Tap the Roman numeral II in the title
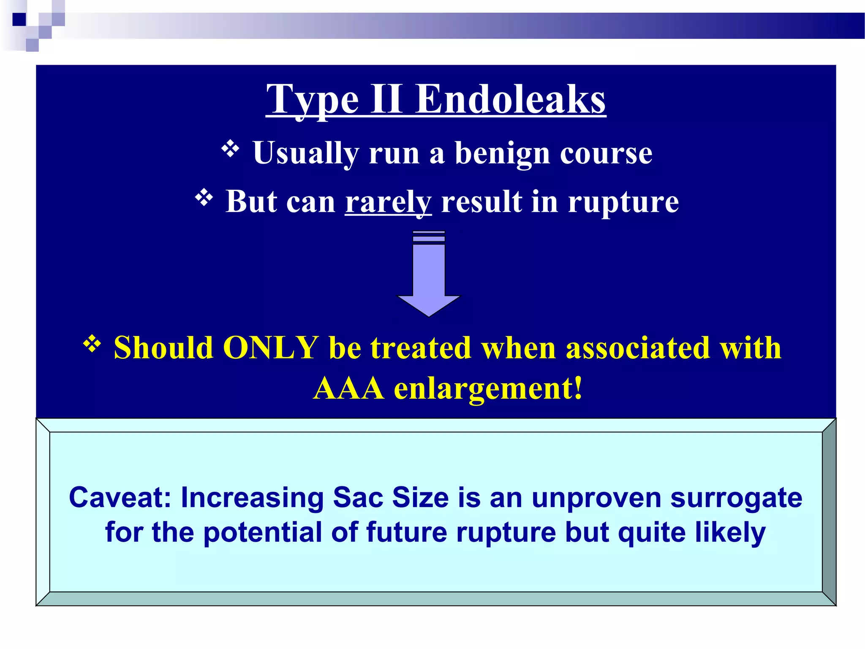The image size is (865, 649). click(x=386, y=99)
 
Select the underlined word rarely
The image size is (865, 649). click(x=388, y=202)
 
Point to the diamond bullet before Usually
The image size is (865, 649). click(x=230, y=149)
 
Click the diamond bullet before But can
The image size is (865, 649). click(x=204, y=198)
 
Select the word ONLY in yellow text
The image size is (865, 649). click(x=270, y=348)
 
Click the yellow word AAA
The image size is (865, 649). click(x=348, y=388)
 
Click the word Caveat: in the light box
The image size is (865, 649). click(x=120, y=498)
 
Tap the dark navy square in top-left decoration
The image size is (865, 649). click(x=19, y=19)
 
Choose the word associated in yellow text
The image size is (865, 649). click(x=638, y=348)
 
